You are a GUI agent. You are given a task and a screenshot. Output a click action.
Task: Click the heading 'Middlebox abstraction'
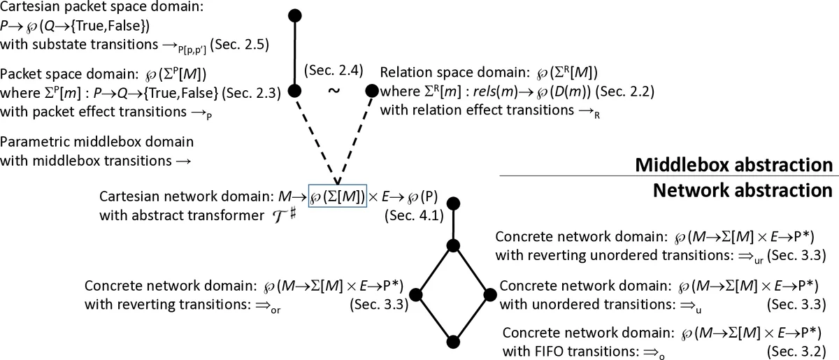pos(733,165)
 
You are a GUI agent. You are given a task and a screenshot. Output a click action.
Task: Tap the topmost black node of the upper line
pos(295,15)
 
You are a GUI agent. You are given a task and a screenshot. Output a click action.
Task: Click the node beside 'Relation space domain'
pos(372,91)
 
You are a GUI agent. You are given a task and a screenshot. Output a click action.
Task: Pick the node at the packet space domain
pos(295,91)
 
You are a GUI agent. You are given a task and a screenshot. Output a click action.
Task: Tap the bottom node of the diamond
pos(454,341)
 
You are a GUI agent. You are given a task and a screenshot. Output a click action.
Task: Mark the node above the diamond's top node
pos(454,204)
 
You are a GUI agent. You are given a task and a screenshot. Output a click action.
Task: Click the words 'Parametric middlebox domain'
pos(96,142)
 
